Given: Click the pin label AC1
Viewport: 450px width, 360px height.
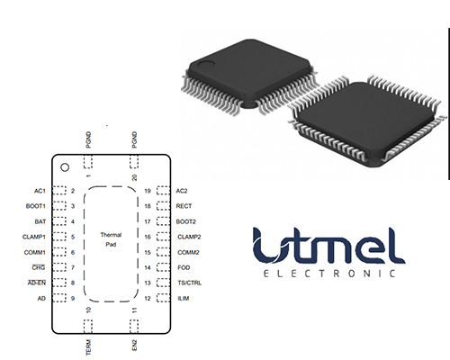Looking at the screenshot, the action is click(x=40, y=191).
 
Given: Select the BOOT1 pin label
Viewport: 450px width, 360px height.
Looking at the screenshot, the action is click(x=35, y=206).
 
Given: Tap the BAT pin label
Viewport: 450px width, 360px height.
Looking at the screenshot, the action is click(x=40, y=221).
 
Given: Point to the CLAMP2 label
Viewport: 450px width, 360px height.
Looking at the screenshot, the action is click(x=189, y=237).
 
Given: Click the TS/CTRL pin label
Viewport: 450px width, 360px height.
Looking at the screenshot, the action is click(x=190, y=283).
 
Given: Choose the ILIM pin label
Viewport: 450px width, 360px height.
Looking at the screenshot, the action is click(x=184, y=299).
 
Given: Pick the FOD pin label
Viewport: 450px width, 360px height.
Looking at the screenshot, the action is click(x=184, y=267).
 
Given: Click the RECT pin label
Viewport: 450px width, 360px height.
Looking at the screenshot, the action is click(x=184, y=206).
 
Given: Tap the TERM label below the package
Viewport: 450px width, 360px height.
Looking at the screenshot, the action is click(x=88, y=347).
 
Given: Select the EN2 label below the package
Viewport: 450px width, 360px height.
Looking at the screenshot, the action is click(x=134, y=345).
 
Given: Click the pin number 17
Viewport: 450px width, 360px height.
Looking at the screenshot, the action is click(x=148, y=221).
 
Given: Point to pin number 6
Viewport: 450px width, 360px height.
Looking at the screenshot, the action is click(x=73, y=252).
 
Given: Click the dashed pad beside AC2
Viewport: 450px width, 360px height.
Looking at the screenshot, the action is click(x=163, y=191).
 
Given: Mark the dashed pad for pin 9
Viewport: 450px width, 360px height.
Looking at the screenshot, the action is click(x=59, y=298).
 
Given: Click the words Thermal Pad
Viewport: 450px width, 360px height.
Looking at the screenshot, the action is click(x=111, y=239).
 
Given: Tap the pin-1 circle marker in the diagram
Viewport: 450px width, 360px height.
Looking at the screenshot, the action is click(x=65, y=167).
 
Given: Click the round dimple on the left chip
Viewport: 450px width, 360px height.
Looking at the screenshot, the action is click(x=208, y=63).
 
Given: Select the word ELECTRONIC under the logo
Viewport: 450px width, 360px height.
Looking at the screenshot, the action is click(x=329, y=274).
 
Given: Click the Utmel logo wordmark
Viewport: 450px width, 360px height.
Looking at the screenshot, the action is click(x=328, y=246).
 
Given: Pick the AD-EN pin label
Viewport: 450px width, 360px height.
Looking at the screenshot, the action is click(x=37, y=283).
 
